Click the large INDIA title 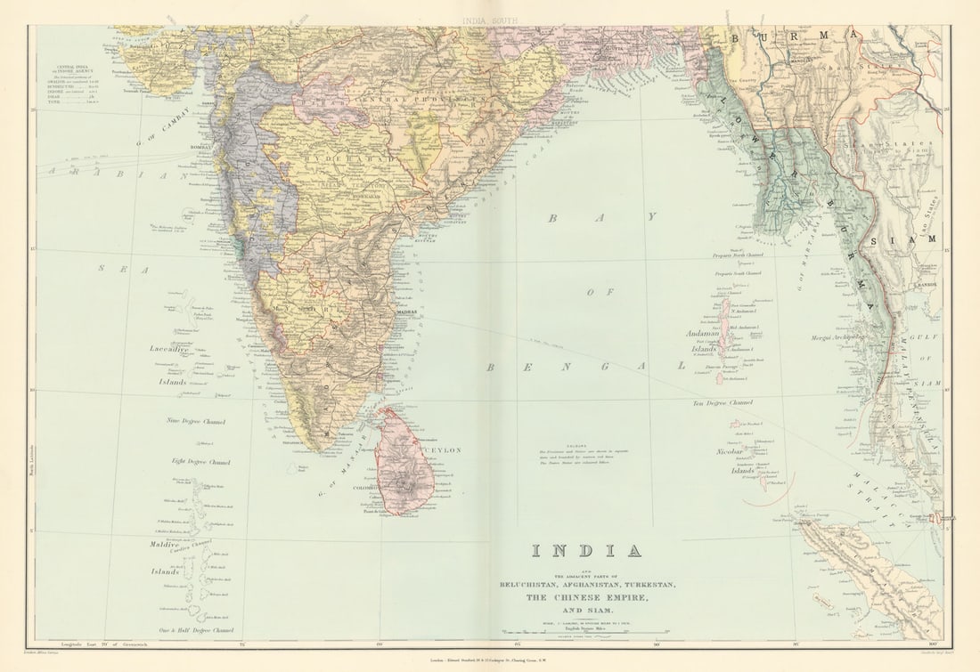click(x=586, y=550)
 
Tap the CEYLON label click(x=446, y=451)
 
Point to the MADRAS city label click(x=406, y=313)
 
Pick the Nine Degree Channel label click(x=196, y=421)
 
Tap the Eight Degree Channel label click(x=200, y=462)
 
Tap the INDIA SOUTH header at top click(x=489, y=18)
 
